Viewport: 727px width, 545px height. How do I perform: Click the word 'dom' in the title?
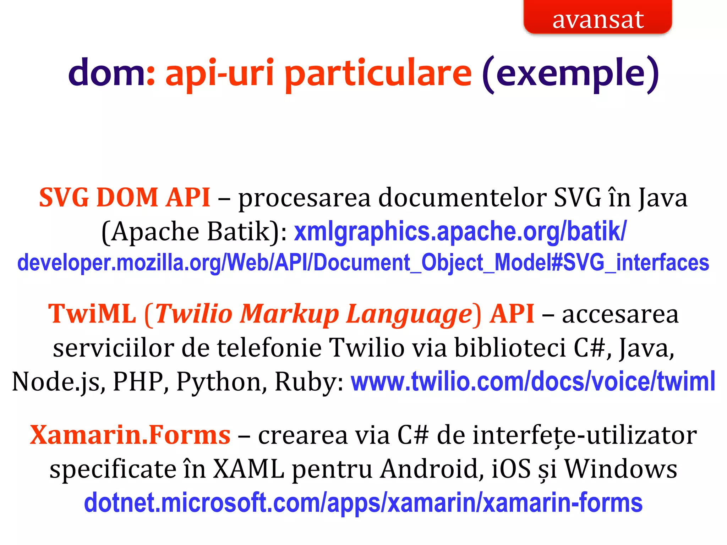[x=107, y=73]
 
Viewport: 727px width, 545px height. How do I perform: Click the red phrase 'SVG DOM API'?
[x=124, y=198]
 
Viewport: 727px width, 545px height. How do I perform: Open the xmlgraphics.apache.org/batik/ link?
[x=460, y=232]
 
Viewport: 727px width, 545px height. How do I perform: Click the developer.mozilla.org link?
[x=363, y=263]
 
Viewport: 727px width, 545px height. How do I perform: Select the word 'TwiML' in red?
[x=92, y=314]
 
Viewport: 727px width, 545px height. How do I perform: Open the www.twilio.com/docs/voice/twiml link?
[x=533, y=381]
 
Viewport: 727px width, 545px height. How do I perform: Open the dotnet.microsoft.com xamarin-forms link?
[x=363, y=503]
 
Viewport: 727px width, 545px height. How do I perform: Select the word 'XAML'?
[x=248, y=469]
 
